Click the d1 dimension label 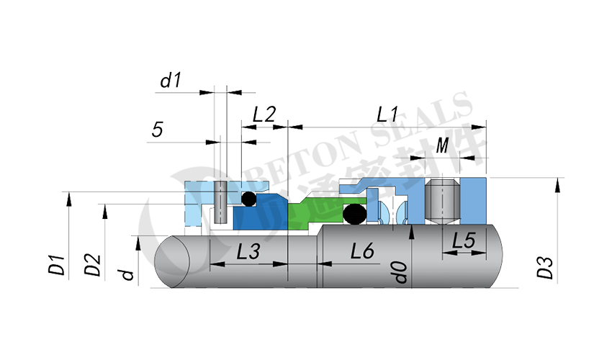tap(171, 81)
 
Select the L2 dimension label tap(264, 114)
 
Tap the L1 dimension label tap(387, 114)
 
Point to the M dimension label tap(442, 145)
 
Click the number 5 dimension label tap(157, 130)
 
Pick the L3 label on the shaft tap(248, 251)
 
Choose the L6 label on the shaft tap(362, 251)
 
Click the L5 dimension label tap(464, 240)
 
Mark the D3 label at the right tap(545, 268)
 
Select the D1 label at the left tap(56, 265)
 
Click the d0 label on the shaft tap(400, 272)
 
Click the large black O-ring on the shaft tap(354, 215)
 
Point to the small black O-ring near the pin tap(248, 199)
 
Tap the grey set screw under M tap(442, 202)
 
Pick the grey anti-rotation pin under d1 tap(220, 202)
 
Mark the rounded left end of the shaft tap(172, 262)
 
